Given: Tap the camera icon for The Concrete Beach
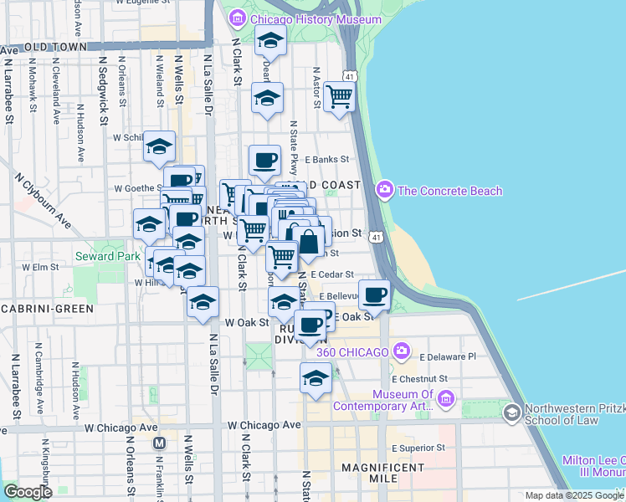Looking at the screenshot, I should [384, 190].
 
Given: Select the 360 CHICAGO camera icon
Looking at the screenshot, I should [403, 351].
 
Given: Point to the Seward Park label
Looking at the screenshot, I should [101, 255].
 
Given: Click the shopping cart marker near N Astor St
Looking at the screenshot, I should [339, 96].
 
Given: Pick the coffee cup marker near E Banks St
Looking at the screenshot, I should [264, 159].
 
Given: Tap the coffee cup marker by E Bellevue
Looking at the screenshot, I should [374, 294].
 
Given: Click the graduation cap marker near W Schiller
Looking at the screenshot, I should [158, 146].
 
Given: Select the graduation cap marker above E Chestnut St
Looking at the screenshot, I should [316, 376].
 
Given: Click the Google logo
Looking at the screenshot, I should [28, 492].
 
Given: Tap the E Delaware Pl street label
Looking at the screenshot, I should [448, 356].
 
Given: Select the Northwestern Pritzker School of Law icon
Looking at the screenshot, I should [511, 412].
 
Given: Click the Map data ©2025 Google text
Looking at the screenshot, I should [574, 495].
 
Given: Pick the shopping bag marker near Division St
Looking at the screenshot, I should [309, 243].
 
